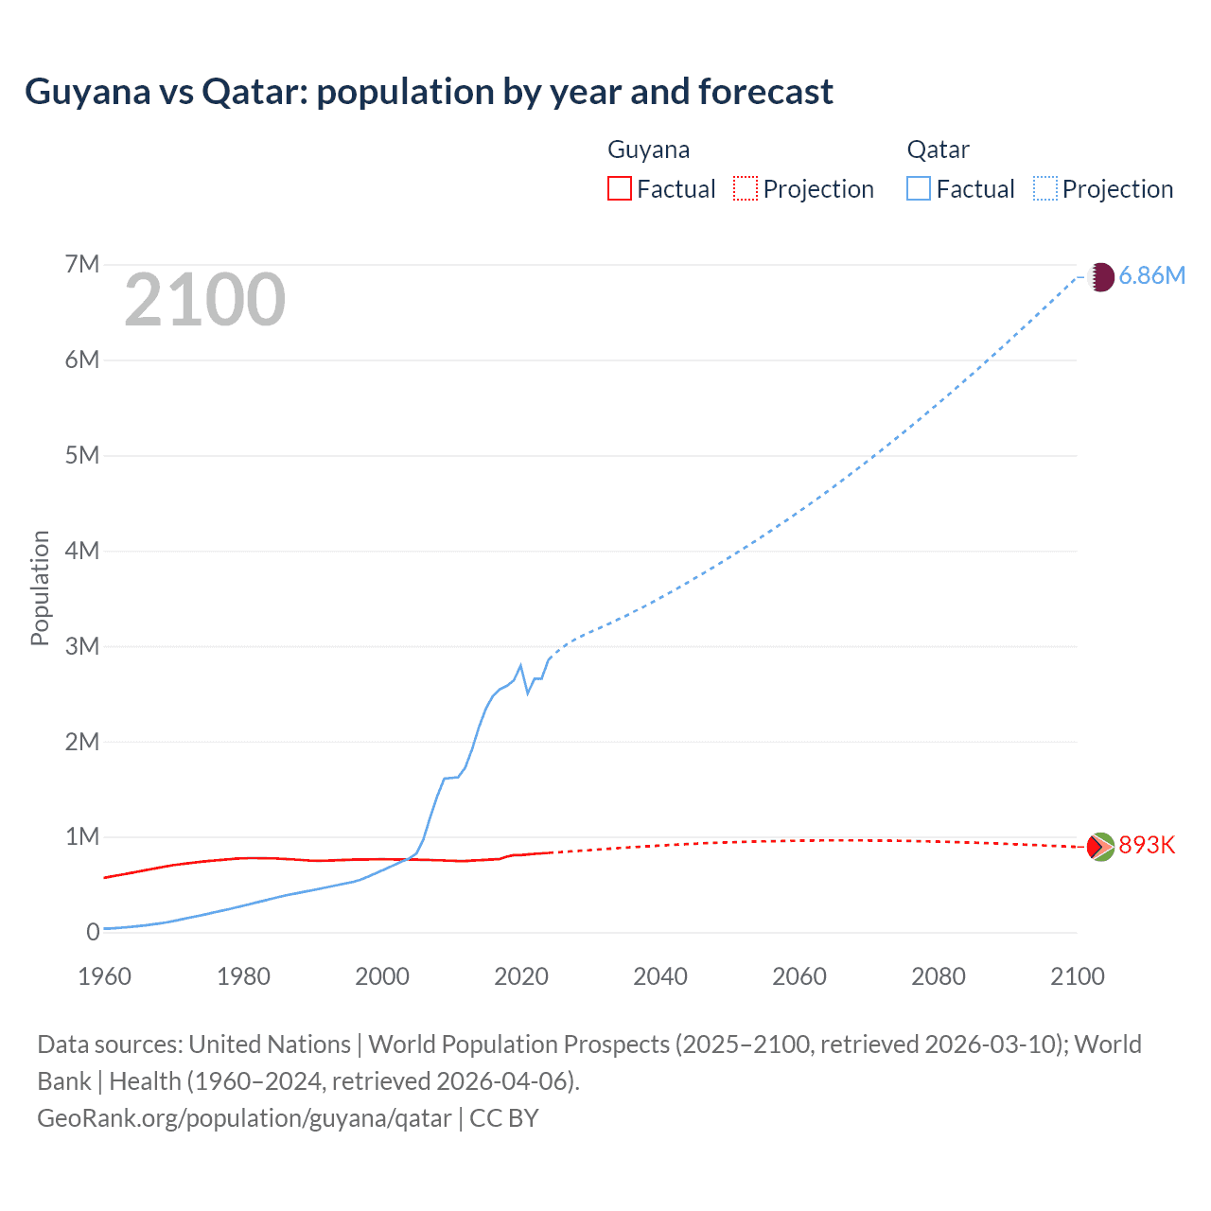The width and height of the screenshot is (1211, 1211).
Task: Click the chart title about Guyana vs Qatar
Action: point(429,92)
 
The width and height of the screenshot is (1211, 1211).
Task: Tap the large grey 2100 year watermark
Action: point(204,300)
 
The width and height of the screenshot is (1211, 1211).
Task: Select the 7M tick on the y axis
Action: point(82,264)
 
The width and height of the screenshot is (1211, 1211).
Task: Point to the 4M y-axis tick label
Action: point(82,551)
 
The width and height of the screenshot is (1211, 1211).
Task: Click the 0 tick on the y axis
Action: point(93,932)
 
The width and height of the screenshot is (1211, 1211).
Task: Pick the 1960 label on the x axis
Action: point(104,976)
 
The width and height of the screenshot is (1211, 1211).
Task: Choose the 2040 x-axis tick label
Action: point(660,976)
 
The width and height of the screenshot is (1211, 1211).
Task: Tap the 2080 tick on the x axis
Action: point(939,976)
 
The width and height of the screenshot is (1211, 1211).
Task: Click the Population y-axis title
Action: point(40,588)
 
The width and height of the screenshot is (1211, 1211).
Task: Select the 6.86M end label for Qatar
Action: point(1151,275)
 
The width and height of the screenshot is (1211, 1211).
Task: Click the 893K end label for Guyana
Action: point(1147,845)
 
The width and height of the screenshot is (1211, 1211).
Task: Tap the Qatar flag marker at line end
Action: point(1101,277)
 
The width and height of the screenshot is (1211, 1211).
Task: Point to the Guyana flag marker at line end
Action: point(1100,847)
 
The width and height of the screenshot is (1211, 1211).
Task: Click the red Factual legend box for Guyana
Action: point(619,188)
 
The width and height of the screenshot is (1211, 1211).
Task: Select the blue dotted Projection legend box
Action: point(1045,188)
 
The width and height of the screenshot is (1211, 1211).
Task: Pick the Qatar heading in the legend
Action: point(938,149)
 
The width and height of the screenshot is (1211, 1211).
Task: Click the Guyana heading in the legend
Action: point(648,149)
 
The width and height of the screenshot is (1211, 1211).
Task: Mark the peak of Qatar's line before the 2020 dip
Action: point(520,665)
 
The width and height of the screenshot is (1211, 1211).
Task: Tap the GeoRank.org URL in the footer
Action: point(244,1118)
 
